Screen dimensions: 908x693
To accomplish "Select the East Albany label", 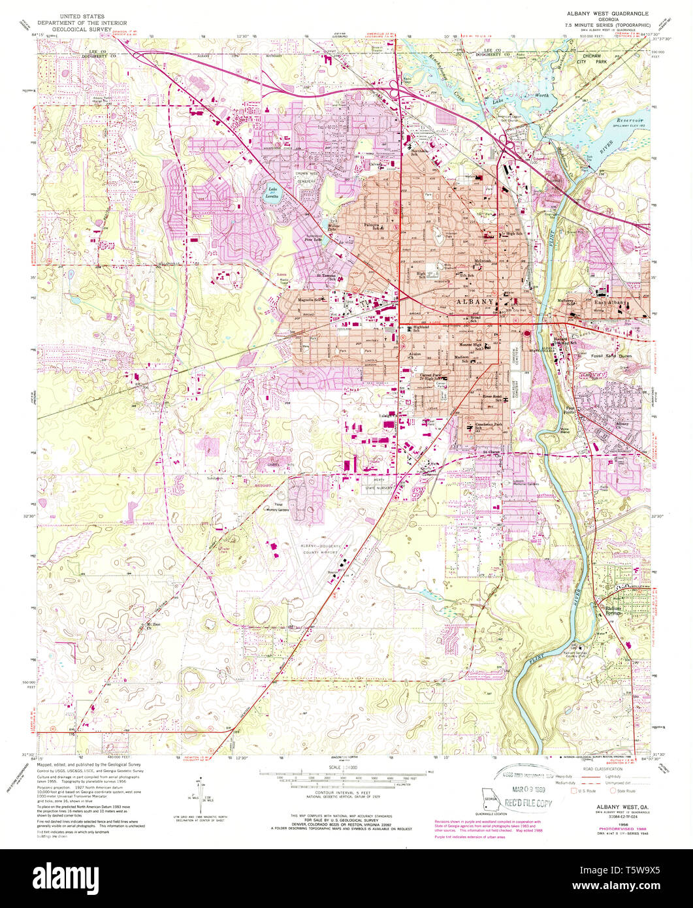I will click(x=610, y=302).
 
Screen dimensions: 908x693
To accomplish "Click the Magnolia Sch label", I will click(x=310, y=300).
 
